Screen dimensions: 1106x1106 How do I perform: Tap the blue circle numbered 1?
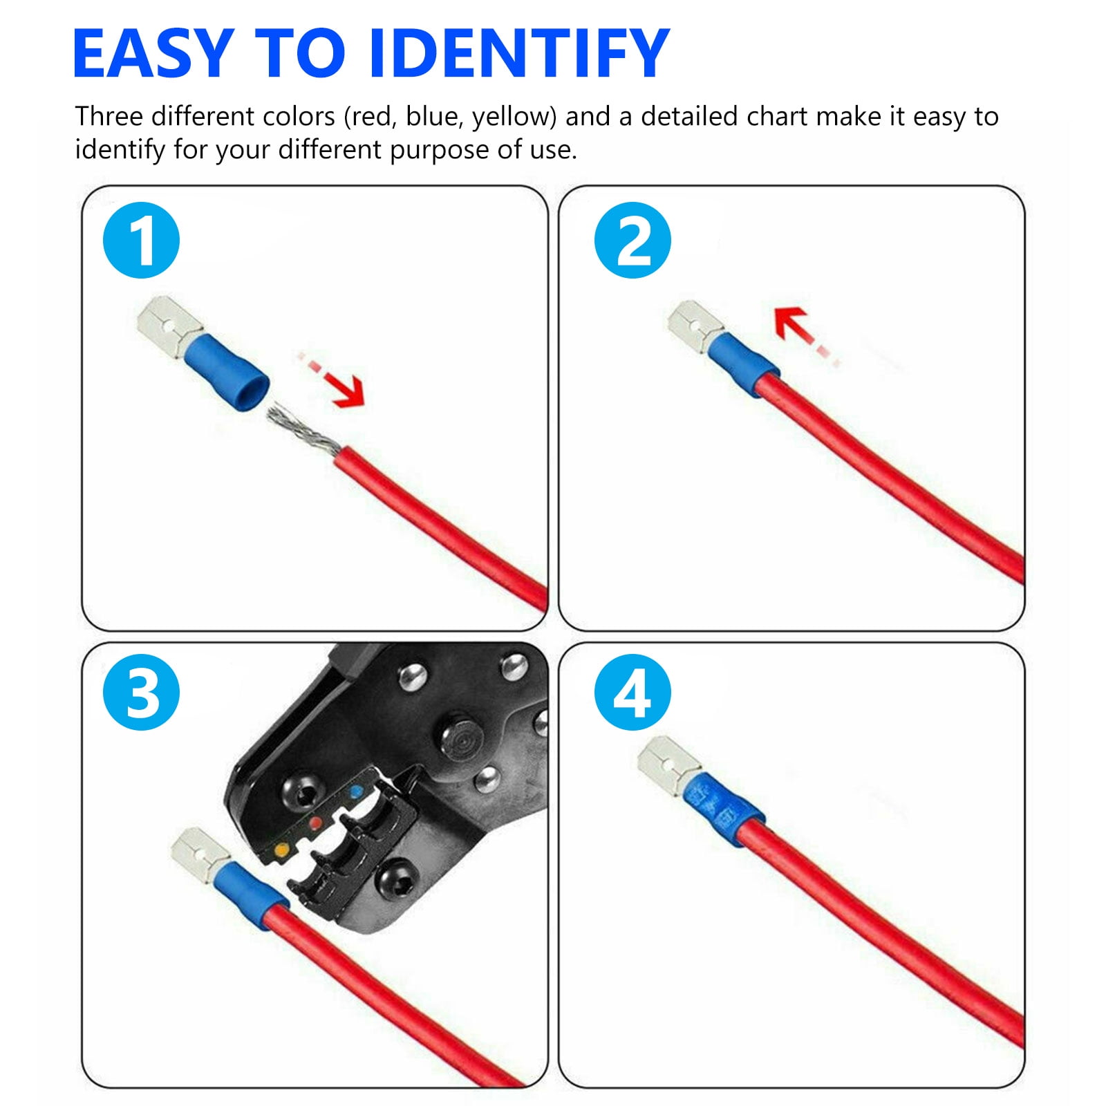pyautogui.click(x=141, y=240)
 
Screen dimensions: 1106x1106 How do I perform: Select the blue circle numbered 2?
pyautogui.click(x=632, y=240)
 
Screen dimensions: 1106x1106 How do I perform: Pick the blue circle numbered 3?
pyautogui.click(x=141, y=692)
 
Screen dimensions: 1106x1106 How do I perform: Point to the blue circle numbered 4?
pyautogui.click(x=632, y=692)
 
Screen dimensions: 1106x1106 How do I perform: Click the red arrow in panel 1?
pyautogui.click(x=332, y=379)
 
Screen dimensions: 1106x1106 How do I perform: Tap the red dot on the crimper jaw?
pyautogui.click(x=317, y=823)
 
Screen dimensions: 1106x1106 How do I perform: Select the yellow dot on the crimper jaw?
pyautogui.click(x=281, y=848)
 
